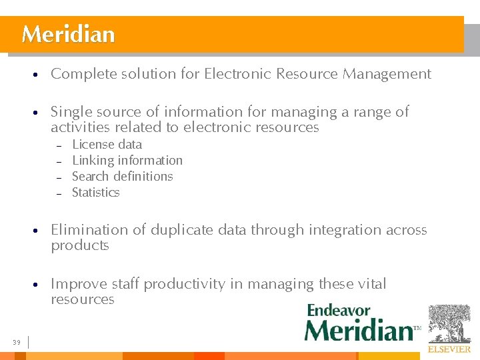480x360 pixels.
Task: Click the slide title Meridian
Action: pos(68,34)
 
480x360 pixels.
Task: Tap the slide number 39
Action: pos(16,343)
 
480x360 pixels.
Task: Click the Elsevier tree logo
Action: pos(449,323)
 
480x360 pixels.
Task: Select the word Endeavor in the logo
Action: pos(339,311)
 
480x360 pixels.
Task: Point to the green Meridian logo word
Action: pos(359,330)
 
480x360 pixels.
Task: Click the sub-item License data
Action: pos(107,145)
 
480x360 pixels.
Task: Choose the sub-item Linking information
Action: pos(127,161)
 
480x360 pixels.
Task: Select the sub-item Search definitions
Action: pos(122,177)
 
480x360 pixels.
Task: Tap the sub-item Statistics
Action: pos(95,193)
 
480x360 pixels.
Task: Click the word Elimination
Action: pos(89,230)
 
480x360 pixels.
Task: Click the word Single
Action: pos(71,112)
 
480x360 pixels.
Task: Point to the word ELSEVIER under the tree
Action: pos(449,349)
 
